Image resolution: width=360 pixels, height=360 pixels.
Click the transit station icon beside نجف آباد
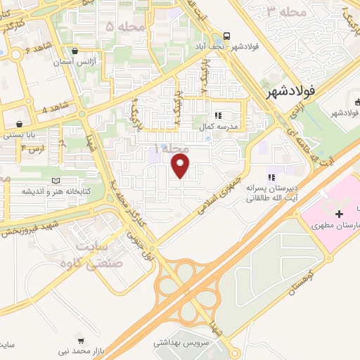coord(226,36)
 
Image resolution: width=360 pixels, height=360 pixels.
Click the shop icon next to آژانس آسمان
coord(75,51)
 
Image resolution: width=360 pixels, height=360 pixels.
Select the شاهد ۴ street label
coord(54,109)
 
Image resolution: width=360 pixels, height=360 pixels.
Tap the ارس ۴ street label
coord(32,149)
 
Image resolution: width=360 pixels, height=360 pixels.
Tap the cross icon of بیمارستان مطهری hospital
coord(340,213)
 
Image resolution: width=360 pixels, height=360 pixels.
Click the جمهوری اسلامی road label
coord(226,184)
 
